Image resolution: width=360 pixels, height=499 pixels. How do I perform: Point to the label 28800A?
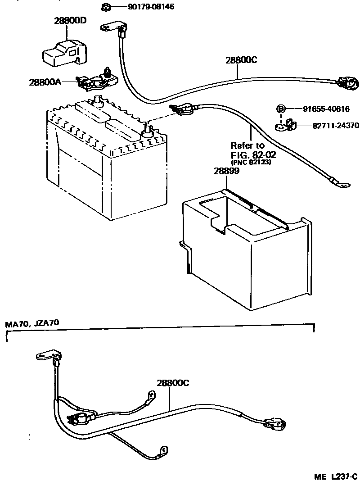pyautogui.click(x=45, y=82)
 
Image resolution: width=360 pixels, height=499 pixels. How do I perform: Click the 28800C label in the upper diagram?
pyautogui.click(x=241, y=60)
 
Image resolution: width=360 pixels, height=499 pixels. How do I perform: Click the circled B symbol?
pyautogui.click(x=281, y=109)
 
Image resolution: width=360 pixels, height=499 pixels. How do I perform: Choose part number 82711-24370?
pyautogui.click(x=330, y=126)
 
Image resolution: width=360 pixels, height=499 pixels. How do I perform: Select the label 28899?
pyautogui.click(x=226, y=171)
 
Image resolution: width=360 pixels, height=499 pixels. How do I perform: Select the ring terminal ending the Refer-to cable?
pyautogui.click(x=340, y=183)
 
